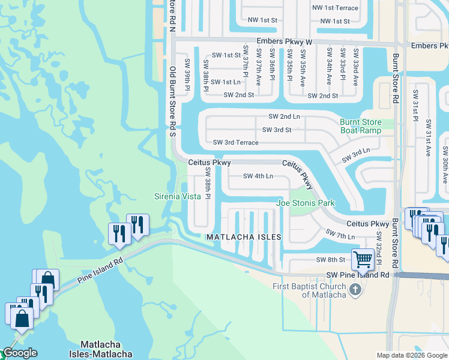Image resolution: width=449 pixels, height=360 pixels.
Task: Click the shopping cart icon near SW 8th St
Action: (363, 260)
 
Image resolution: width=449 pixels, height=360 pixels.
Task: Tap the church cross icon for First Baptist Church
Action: (355, 290)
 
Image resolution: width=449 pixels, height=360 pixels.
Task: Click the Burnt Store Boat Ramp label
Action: (361, 126)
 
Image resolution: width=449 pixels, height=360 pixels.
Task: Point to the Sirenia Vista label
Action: (178, 196)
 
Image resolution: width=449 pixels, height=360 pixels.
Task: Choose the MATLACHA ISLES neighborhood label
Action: (244, 238)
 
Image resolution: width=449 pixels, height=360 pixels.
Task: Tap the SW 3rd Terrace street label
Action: (236, 143)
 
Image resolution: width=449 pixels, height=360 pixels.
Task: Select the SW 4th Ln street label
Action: (258, 176)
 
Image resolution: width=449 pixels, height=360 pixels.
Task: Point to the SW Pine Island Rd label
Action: (358, 275)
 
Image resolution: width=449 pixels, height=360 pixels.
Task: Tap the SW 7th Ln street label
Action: (340, 235)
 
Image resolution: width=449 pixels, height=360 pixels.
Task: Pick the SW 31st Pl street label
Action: (415, 104)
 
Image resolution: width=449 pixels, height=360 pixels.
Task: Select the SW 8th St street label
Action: (331, 260)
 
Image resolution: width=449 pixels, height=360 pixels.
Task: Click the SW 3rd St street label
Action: (277, 130)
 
